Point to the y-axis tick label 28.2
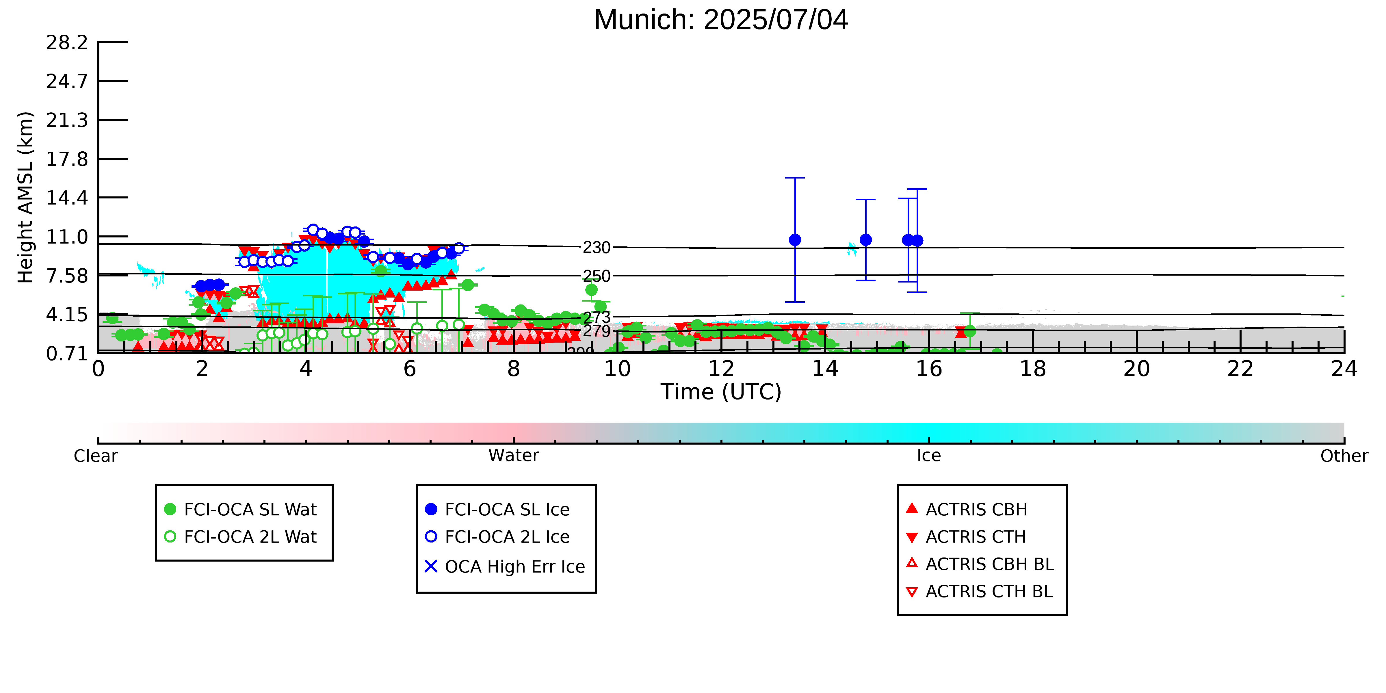(x=67, y=42)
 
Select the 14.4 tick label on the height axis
(x=67, y=198)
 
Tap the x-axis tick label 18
(x=1032, y=369)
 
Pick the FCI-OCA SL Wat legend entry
(x=241, y=509)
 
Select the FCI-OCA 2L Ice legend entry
(x=498, y=536)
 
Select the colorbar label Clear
(x=96, y=456)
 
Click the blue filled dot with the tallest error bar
(x=795, y=240)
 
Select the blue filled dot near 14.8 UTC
(x=866, y=240)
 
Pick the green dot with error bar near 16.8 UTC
(x=969, y=331)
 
